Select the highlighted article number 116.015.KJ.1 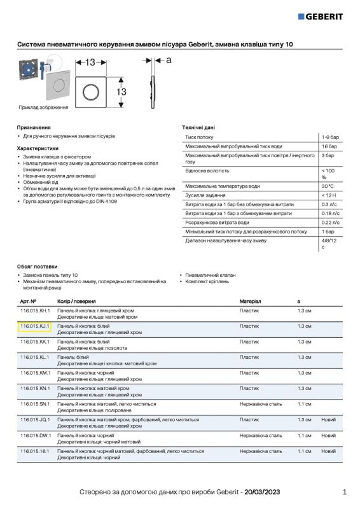(x=34, y=326)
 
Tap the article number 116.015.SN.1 (x=34, y=404)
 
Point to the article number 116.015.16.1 (x=34, y=450)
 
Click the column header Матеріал (x=250, y=300)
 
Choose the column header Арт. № (x=28, y=300)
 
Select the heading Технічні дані (x=198, y=127)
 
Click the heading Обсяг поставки (x=37, y=266)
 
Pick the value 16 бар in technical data (x=328, y=146)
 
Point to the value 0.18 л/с (x=329, y=214)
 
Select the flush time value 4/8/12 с (x=328, y=244)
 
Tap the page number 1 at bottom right (x=344, y=492)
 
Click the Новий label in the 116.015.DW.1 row (x=328, y=435)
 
